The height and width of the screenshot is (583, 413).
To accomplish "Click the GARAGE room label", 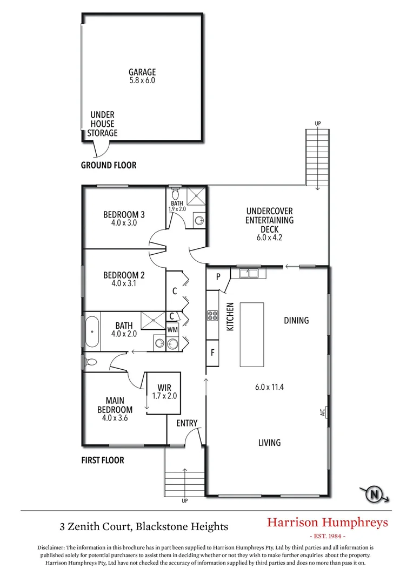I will pyautogui.click(x=142, y=72).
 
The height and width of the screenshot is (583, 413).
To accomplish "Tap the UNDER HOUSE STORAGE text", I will pyautogui.click(x=102, y=124).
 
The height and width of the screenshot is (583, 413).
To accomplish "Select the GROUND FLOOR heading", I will pyautogui.click(x=109, y=165).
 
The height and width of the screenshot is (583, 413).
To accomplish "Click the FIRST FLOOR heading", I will pyautogui.click(x=103, y=460).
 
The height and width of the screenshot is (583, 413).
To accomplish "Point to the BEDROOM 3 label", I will pyautogui.click(x=124, y=215).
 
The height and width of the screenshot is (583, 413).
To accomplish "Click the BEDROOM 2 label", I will pyautogui.click(x=124, y=275).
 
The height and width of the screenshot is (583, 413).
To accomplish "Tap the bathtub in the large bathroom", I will pyautogui.click(x=91, y=332).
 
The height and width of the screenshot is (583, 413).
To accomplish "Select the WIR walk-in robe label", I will pyautogui.click(x=164, y=388).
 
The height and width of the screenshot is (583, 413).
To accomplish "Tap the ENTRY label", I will pyautogui.click(x=187, y=423).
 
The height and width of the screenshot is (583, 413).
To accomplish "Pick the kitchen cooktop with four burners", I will pyautogui.click(x=212, y=316).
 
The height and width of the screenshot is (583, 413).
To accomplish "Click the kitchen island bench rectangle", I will pyautogui.click(x=252, y=335).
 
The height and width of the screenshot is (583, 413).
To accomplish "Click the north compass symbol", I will pyautogui.click(x=374, y=493).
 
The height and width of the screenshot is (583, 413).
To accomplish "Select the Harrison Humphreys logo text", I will pyautogui.click(x=328, y=522).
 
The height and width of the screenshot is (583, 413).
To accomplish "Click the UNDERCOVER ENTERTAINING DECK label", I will pyautogui.click(x=270, y=220).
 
